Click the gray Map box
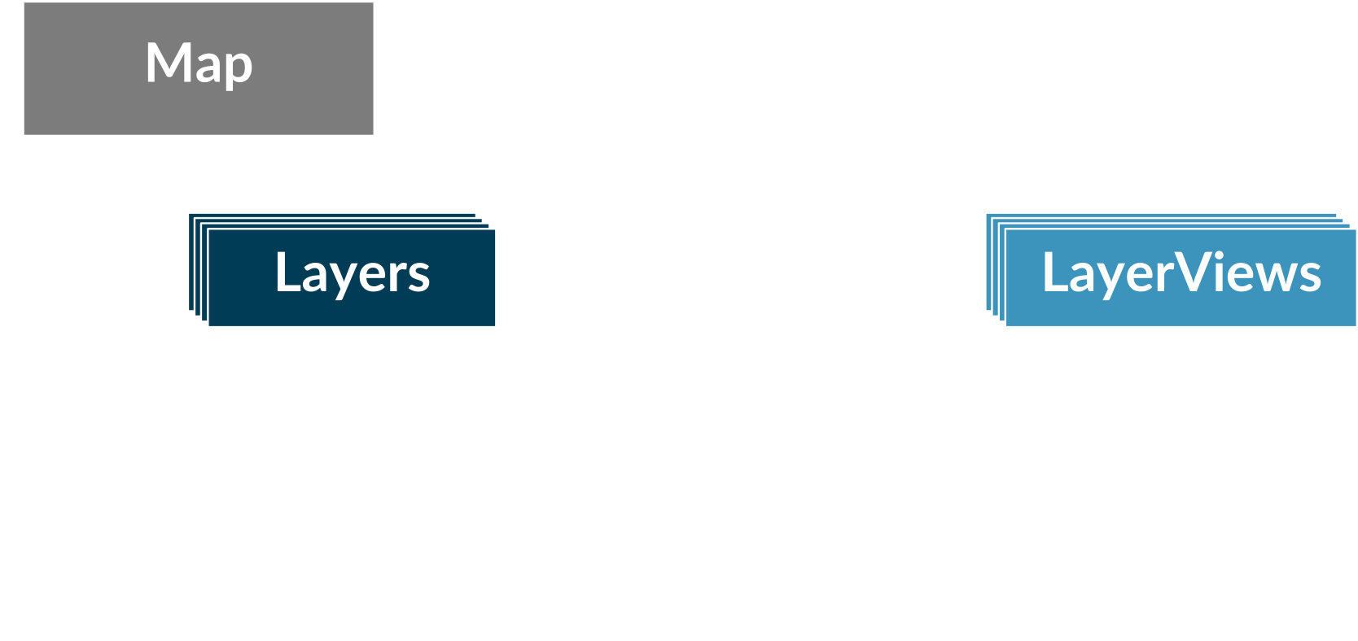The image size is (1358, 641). [199, 68]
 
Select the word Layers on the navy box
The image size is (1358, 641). [353, 274]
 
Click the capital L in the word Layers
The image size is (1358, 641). [288, 272]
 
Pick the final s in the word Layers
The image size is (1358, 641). [418, 277]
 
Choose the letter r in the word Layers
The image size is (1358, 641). [397, 277]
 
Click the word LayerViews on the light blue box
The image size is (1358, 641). [1181, 274]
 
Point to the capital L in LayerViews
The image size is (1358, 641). [1056, 272]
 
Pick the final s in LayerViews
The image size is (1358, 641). [1309, 277]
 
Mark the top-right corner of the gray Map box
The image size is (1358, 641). [374, 2]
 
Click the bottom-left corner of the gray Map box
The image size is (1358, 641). [24, 134]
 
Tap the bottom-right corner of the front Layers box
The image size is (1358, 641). [495, 326]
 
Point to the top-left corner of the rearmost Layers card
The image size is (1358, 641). [189, 214]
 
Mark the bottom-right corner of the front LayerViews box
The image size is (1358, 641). [1356, 326]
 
